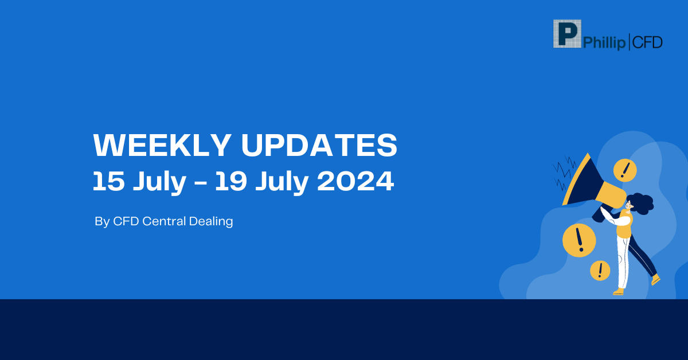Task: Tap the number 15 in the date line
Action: [109, 181]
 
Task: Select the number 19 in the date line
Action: [231, 181]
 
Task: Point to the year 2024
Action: [355, 181]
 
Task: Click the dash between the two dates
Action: [201, 183]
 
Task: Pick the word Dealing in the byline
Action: [211, 222]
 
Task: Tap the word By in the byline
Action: [102, 222]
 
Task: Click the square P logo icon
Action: [567, 34]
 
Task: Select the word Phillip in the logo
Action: [604, 42]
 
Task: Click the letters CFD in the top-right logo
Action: [647, 42]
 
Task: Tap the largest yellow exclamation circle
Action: [579, 240]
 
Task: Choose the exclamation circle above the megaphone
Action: [625, 170]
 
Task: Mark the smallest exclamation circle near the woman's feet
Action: [600, 271]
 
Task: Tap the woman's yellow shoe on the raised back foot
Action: [655, 280]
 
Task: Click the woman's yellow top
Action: [625, 224]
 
